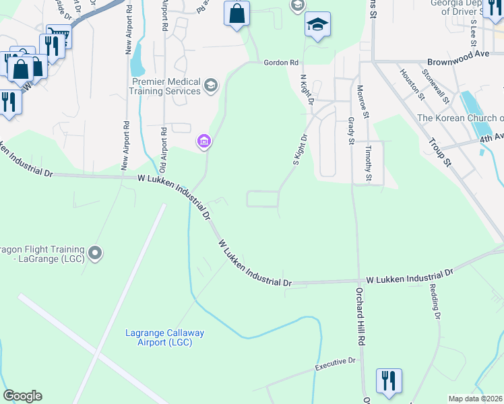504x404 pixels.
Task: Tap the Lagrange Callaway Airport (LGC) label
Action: click(x=165, y=337)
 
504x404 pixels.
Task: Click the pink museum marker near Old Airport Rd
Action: click(x=203, y=141)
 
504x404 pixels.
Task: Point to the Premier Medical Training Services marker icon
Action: click(x=211, y=85)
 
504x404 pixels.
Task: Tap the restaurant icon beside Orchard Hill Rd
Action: click(x=389, y=380)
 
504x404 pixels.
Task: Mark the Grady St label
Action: click(x=351, y=131)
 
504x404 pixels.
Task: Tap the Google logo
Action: click(x=22, y=396)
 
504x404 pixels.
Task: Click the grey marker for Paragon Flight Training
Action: click(x=96, y=254)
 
